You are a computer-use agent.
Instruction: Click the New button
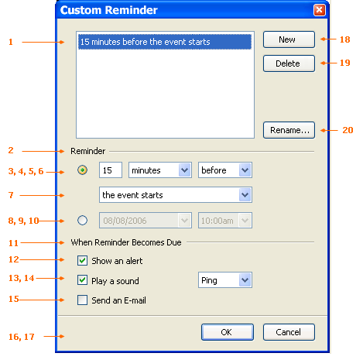click(x=289, y=39)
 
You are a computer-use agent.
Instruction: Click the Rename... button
click(x=289, y=130)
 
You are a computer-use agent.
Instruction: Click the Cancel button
click(x=289, y=332)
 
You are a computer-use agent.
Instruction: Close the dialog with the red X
click(x=319, y=10)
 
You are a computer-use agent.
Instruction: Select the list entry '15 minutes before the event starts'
click(x=165, y=42)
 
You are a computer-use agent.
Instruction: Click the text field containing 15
click(x=111, y=170)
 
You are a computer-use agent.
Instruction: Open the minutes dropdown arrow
click(x=184, y=170)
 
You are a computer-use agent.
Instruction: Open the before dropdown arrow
click(x=245, y=170)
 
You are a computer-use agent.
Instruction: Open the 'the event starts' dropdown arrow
click(x=245, y=195)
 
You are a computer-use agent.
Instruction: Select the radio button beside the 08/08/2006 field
click(x=82, y=221)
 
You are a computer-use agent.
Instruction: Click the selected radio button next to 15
click(x=82, y=170)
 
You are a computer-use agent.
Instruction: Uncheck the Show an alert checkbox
click(x=82, y=261)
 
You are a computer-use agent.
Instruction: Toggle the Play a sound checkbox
click(x=82, y=280)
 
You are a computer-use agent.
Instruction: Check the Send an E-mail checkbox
click(x=82, y=300)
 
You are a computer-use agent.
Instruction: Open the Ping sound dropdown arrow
click(x=245, y=280)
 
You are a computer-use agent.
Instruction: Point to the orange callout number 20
click(x=348, y=130)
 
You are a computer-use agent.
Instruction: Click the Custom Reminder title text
click(x=108, y=10)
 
